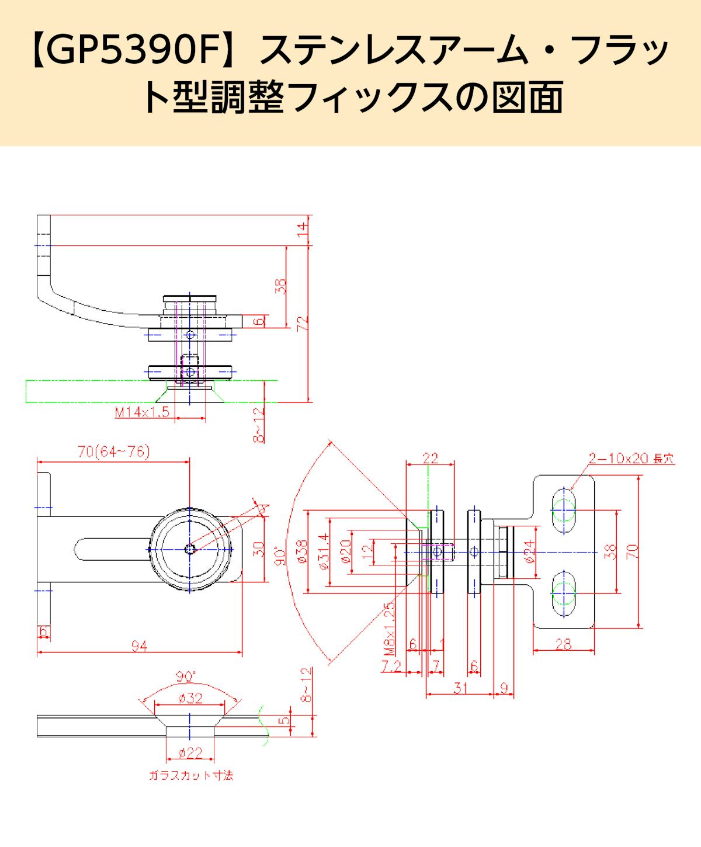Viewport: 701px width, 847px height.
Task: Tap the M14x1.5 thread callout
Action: pyautogui.click(x=142, y=412)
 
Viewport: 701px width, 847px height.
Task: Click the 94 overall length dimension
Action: pyautogui.click(x=138, y=645)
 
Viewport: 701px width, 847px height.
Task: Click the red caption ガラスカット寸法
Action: pyautogui.click(x=191, y=776)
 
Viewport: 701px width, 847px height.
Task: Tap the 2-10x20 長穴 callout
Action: pyautogui.click(x=631, y=459)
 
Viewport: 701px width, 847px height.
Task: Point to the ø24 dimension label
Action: pyautogui.click(x=529, y=551)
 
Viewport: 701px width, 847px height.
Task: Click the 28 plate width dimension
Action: pyautogui.click(x=564, y=644)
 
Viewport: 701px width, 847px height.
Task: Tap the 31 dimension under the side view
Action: pyautogui.click(x=461, y=689)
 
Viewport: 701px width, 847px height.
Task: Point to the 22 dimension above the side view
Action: pyautogui.click(x=430, y=458)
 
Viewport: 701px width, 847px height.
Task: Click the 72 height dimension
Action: pyautogui.click(x=302, y=325)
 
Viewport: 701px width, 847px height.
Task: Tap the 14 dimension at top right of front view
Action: pyautogui.click(x=302, y=230)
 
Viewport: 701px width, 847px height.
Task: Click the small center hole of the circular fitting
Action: pyautogui.click(x=190, y=549)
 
